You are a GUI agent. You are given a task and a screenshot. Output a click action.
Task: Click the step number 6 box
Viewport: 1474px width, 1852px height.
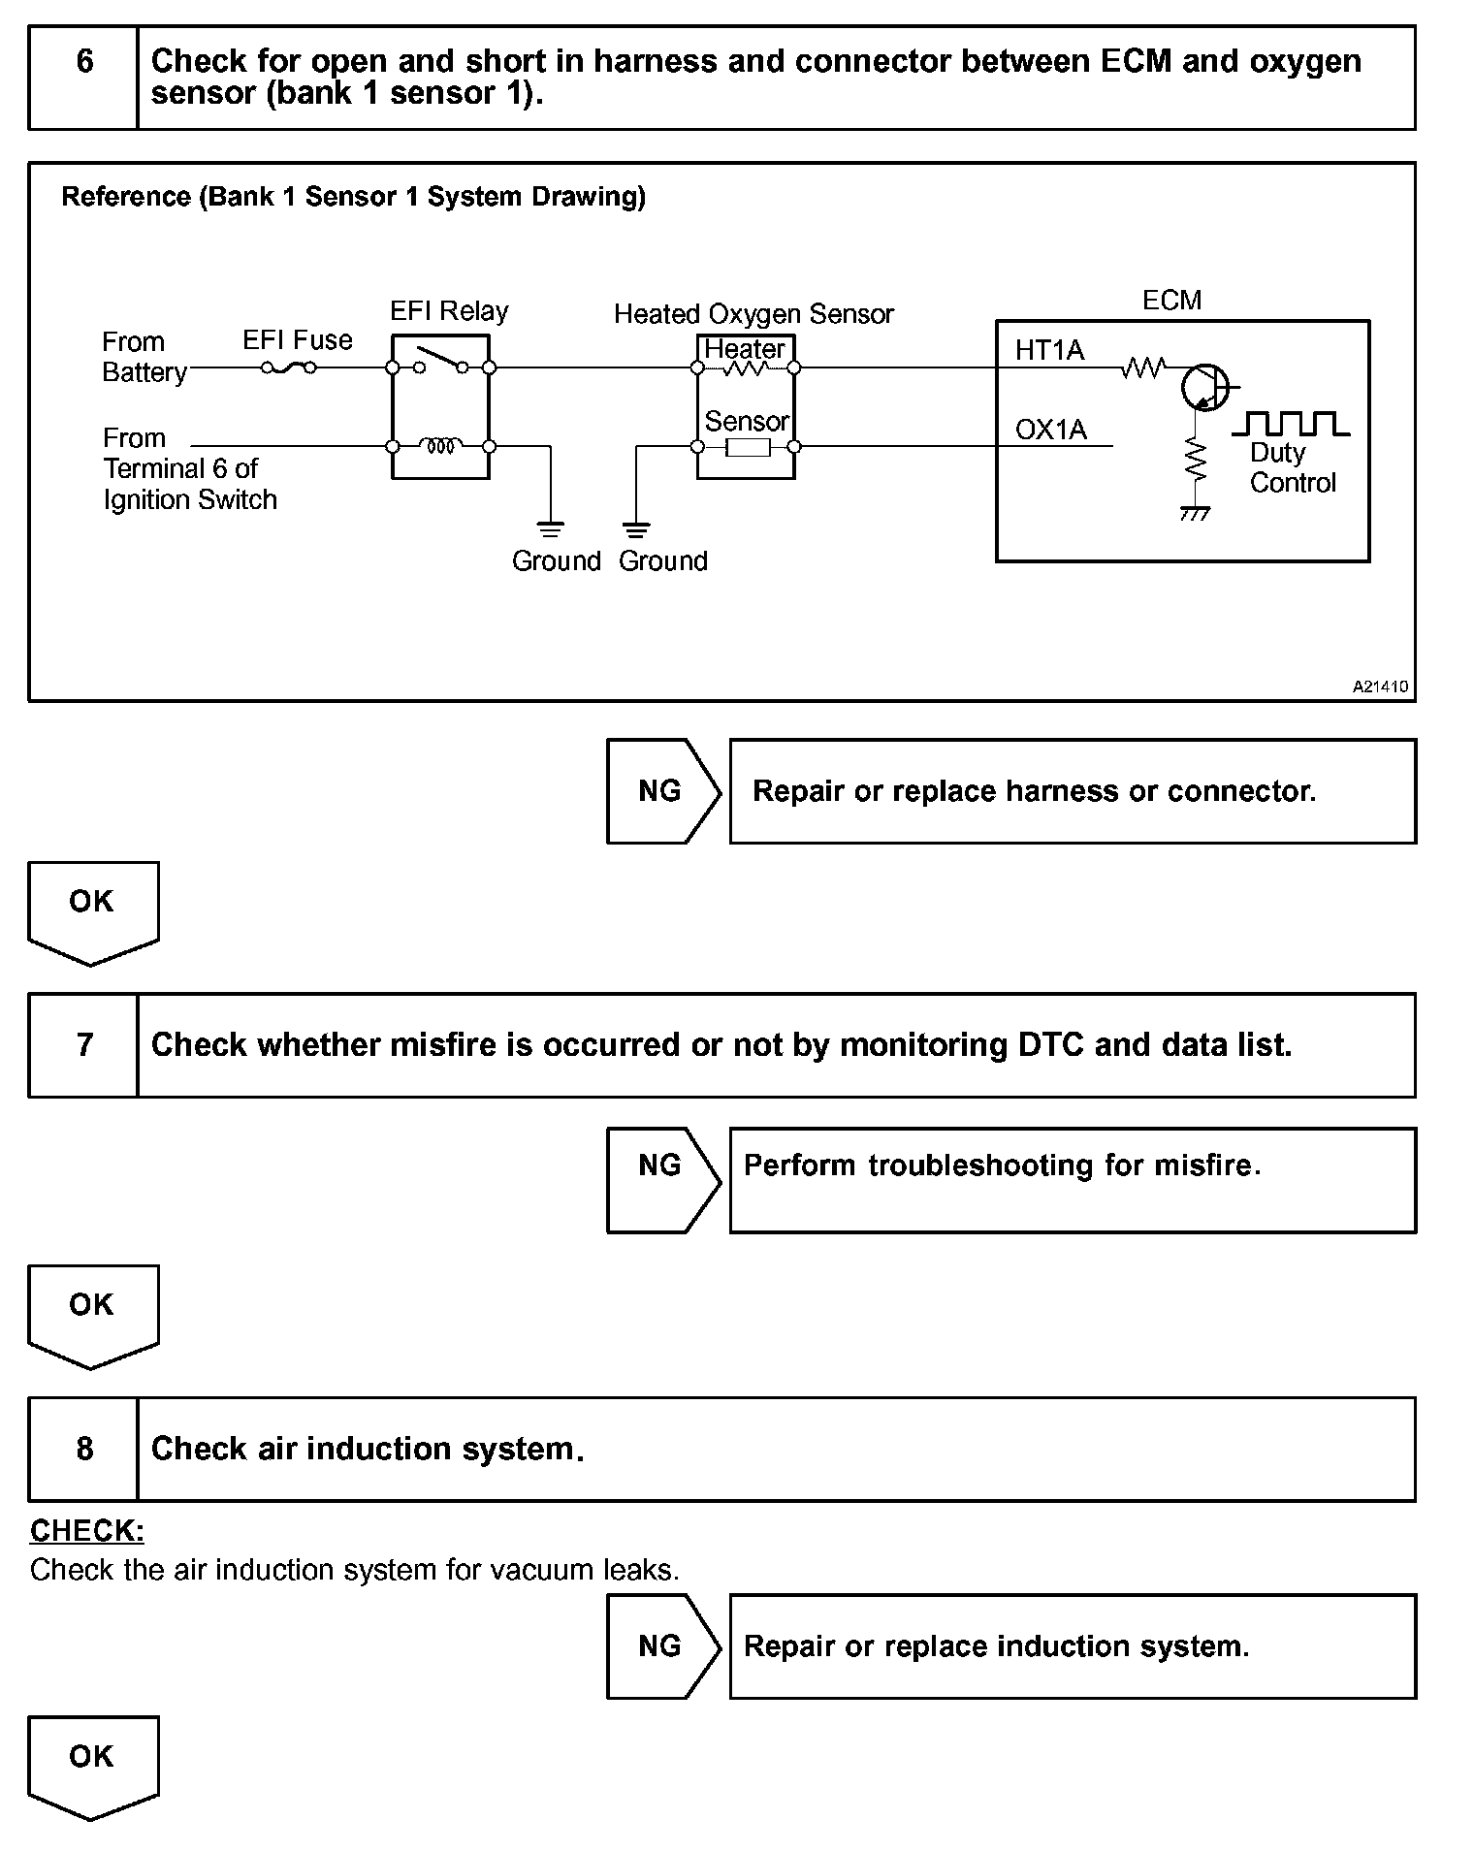point(83,78)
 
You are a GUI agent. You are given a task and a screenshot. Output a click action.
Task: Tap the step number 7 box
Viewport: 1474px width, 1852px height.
point(83,1045)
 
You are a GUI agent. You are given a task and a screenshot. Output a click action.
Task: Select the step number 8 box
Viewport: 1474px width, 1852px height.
point(83,1449)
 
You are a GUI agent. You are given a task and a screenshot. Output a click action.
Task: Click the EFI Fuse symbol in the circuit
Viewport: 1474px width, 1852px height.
point(288,367)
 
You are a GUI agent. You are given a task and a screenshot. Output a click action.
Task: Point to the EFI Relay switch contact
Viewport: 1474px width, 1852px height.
point(441,360)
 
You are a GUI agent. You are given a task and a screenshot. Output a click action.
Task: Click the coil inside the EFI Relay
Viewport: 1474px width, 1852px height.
point(441,446)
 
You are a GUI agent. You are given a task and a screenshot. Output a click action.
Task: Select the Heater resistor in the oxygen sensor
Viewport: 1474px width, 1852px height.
point(745,368)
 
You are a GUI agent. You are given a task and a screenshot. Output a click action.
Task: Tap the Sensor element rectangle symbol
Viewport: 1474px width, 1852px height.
point(747,447)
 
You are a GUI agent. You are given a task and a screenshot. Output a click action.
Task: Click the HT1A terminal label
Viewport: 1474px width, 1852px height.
point(1049,350)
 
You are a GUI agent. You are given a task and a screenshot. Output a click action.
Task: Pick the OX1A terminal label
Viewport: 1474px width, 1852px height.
point(1050,430)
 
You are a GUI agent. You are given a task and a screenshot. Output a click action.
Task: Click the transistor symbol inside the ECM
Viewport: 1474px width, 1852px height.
point(1204,388)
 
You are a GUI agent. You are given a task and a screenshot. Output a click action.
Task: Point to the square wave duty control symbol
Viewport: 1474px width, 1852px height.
point(1290,424)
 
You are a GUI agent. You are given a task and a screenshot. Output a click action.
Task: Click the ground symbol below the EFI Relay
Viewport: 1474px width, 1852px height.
point(550,529)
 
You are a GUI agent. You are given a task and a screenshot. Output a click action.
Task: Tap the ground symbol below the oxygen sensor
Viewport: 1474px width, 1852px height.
point(636,529)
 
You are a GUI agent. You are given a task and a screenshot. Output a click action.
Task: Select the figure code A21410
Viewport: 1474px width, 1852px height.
point(1380,687)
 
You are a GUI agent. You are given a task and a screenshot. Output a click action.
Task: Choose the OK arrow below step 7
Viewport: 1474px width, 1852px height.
point(92,1314)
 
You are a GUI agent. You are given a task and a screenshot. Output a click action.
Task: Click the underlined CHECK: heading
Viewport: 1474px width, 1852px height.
point(87,1531)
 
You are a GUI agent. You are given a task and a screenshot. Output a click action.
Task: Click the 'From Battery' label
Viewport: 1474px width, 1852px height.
point(144,357)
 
